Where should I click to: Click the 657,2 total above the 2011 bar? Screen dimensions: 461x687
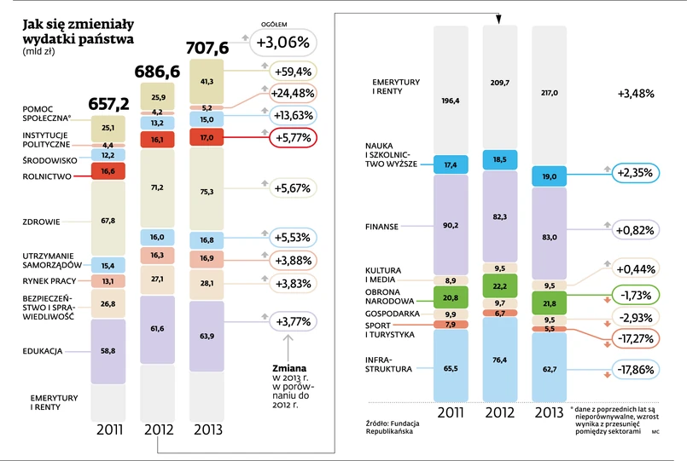click(108, 103)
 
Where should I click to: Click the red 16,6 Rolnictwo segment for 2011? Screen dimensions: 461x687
click(108, 171)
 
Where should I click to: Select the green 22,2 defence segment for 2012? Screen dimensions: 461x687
click(500, 285)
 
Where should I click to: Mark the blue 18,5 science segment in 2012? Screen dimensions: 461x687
click(500, 159)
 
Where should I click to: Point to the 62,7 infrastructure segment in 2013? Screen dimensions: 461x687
click(548, 369)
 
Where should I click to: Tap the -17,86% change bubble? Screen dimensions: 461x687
click(634, 371)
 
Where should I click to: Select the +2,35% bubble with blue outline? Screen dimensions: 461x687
click(634, 173)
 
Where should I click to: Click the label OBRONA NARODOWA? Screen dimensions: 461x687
click(388, 296)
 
